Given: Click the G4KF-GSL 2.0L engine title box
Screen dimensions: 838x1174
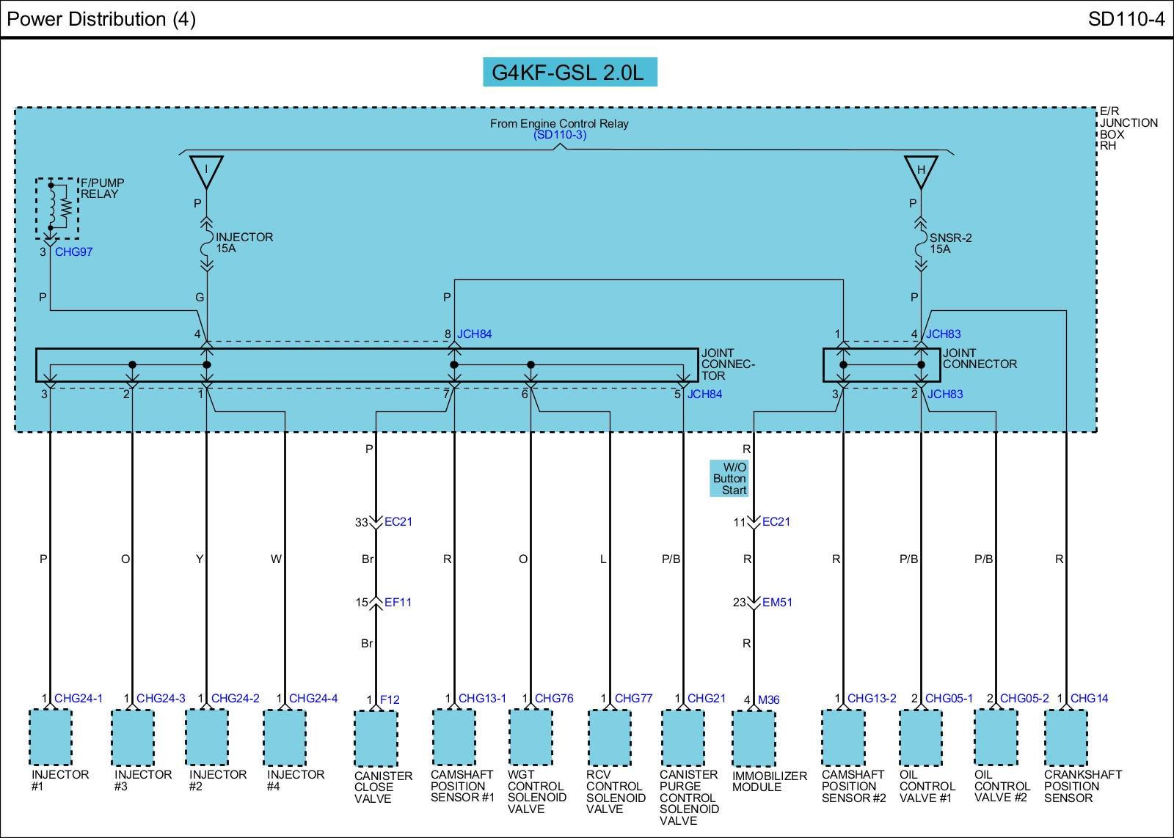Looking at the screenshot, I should [569, 73].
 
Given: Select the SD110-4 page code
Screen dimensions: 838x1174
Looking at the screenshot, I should [1126, 19].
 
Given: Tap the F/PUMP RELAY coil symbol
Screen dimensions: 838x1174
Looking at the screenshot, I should [57, 207].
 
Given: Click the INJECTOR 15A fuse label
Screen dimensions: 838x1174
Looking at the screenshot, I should [244, 243].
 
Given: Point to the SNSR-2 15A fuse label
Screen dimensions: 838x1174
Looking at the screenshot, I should [950, 243].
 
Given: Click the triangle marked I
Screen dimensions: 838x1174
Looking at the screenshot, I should [206, 170].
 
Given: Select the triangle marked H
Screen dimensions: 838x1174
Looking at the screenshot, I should [921, 170].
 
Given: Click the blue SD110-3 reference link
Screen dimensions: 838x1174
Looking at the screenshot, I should [560, 135].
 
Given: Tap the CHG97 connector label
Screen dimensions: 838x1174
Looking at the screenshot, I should [73, 252].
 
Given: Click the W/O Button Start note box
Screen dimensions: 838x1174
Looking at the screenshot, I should [729, 479].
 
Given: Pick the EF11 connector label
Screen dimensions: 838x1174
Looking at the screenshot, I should [398, 603].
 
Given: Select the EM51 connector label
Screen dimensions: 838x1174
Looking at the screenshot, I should [777, 603].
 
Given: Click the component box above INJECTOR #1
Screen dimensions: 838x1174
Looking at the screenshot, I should [50, 737].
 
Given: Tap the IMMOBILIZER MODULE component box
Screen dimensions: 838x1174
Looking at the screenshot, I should [754, 738].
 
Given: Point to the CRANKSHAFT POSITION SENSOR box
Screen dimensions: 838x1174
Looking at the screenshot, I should [1066, 737].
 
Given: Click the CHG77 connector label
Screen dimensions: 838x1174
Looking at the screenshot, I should [633, 699].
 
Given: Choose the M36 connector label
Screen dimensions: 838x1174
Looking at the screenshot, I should [768, 700].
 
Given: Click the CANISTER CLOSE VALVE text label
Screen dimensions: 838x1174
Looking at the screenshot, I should [383, 787].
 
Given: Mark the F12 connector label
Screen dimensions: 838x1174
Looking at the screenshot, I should [390, 700].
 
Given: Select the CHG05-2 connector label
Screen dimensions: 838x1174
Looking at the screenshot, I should [1024, 699].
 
